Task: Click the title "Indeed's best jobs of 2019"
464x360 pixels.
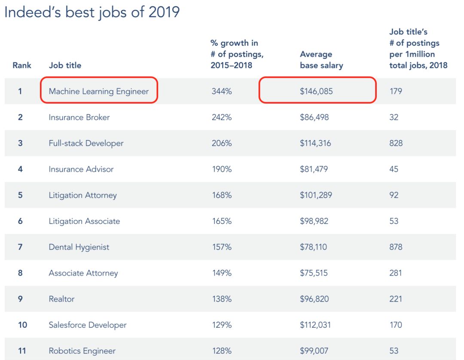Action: point(92,13)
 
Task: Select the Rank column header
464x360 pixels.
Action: point(21,65)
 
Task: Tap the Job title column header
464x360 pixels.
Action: point(65,65)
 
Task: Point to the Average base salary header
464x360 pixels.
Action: point(321,60)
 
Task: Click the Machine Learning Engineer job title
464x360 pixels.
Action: point(98,91)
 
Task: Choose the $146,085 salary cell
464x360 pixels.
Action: point(316,91)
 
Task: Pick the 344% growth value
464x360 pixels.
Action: point(222,91)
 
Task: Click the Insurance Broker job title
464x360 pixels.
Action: point(79,117)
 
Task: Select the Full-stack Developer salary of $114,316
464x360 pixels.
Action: point(315,143)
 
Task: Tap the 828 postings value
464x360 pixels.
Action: point(396,143)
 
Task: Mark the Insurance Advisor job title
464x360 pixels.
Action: point(81,169)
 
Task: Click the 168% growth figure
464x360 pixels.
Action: point(222,195)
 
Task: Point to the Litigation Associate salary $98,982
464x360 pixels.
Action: point(314,221)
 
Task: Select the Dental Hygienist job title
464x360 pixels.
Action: point(79,247)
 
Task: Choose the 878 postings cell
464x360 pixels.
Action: point(396,247)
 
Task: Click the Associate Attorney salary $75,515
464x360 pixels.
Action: point(314,273)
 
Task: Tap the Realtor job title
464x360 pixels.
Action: point(61,299)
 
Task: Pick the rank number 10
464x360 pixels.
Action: point(22,325)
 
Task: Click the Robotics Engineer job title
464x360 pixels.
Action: point(82,351)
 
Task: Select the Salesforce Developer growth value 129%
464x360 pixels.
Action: point(222,325)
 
